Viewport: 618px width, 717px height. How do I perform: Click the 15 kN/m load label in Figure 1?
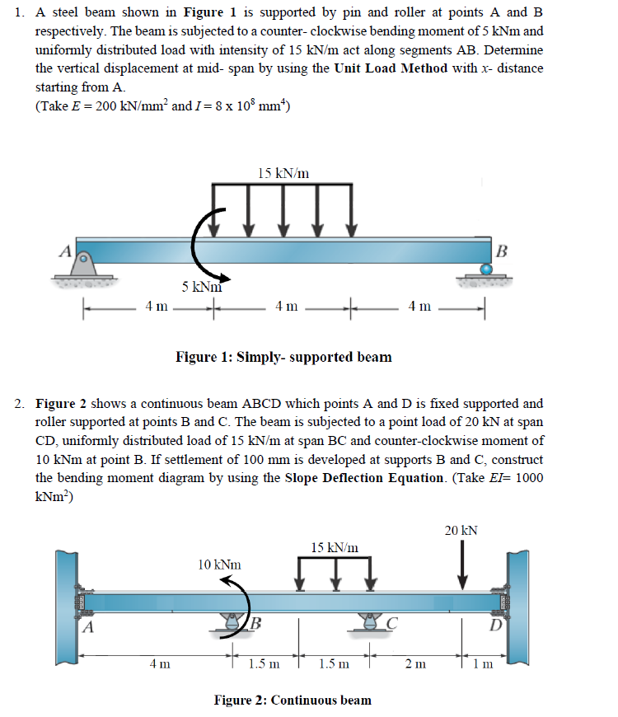coord(283,173)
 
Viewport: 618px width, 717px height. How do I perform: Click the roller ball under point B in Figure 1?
coord(486,269)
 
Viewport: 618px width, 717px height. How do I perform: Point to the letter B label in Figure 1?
coord(504,249)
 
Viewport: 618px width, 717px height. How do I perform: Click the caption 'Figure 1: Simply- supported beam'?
coord(283,357)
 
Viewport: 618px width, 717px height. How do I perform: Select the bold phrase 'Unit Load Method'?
coord(391,68)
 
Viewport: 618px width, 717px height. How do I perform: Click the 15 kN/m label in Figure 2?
coord(335,547)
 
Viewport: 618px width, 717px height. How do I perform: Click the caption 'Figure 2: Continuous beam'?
coord(293,701)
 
